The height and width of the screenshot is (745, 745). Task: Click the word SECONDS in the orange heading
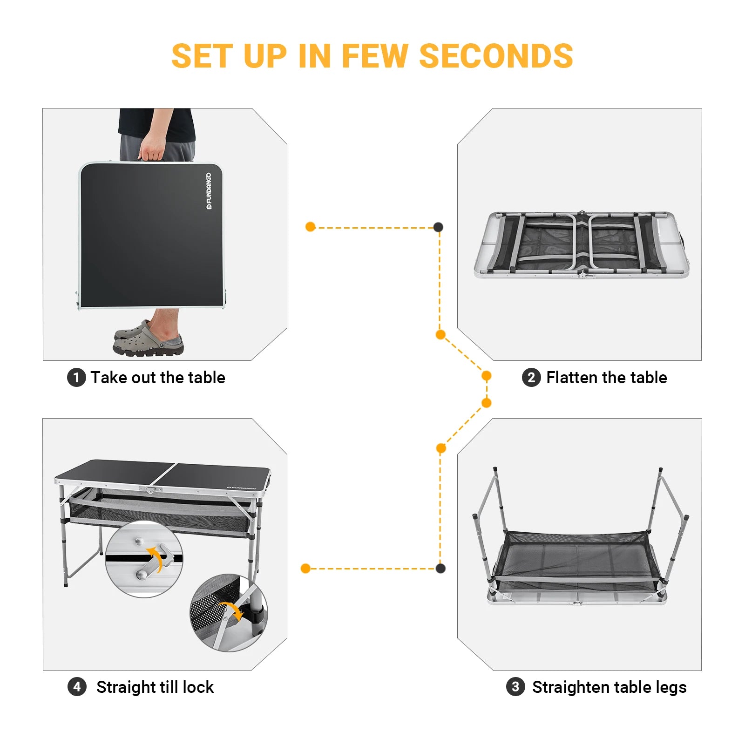[x=496, y=56]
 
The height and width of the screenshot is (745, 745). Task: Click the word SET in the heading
[x=202, y=56]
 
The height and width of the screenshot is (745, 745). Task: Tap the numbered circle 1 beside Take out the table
[x=76, y=377]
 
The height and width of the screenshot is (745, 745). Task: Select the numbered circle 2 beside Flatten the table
[x=531, y=377]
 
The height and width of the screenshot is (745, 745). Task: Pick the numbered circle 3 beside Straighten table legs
[x=515, y=687]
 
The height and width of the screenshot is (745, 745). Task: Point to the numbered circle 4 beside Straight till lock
[x=77, y=687]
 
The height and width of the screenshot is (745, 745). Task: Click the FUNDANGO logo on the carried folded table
[x=209, y=191]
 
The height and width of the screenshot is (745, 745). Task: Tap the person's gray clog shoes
[x=148, y=340]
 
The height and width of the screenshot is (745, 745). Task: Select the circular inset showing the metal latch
[x=144, y=559]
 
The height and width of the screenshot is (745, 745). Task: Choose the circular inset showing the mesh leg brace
[x=229, y=613]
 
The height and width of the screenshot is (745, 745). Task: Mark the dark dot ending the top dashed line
[x=438, y=227]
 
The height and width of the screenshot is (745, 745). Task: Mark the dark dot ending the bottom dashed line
[x=440, y=568]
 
